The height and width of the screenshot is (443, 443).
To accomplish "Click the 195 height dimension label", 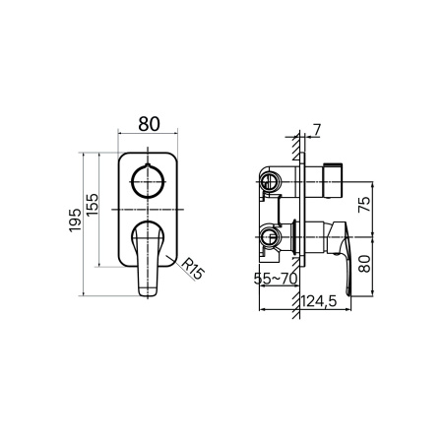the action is pos(75,220).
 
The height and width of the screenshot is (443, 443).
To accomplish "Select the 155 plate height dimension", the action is pos(93,205).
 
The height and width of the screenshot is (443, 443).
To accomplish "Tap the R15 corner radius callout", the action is pos(193,268).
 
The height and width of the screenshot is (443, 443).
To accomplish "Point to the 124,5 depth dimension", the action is pos(319,300).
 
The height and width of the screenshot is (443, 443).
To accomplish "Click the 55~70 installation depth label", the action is pos(276,279).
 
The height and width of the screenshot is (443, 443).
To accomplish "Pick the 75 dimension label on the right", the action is pos(364,205).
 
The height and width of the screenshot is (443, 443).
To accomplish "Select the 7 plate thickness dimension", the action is pos(316,130).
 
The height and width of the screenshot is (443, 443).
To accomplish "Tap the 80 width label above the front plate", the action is pos(149,124).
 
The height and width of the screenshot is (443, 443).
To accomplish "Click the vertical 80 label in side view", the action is pos(364,264).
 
